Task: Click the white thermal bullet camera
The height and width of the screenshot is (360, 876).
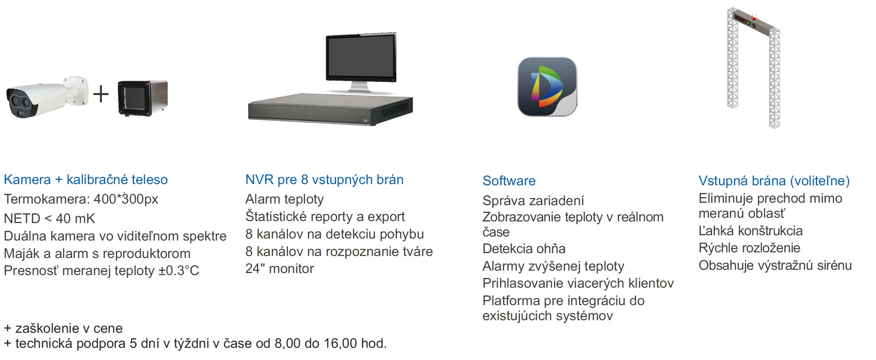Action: (x=45, y=98)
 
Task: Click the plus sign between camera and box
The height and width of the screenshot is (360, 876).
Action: (x=101, y=94)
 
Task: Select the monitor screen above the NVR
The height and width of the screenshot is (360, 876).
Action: (x=361, y=57)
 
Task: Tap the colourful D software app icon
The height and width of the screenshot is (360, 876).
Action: (x=547, y=87)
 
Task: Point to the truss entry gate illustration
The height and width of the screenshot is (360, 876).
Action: (x=754, y=67)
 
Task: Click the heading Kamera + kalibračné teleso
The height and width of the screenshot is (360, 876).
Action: (x=86, y=180)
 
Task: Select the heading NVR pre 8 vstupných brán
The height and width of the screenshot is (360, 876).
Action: (x=324, y=180)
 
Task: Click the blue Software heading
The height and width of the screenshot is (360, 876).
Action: (x=509, y=181)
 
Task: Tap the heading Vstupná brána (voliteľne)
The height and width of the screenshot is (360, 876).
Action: (x=774, y=181)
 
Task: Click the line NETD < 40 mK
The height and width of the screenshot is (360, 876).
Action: (x=49, y=219)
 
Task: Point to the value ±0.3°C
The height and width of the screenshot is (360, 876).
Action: (x=179, y=271)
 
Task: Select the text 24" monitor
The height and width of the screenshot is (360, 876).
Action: (x=279, y=269)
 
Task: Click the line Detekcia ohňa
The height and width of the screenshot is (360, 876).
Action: (x=524, y=249)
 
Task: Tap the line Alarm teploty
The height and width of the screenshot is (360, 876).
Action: (x=284, y=199)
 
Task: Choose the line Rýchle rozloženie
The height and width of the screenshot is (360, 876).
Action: (x=749, y=248)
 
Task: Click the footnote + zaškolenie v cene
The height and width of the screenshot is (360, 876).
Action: (x=63, y=328)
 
